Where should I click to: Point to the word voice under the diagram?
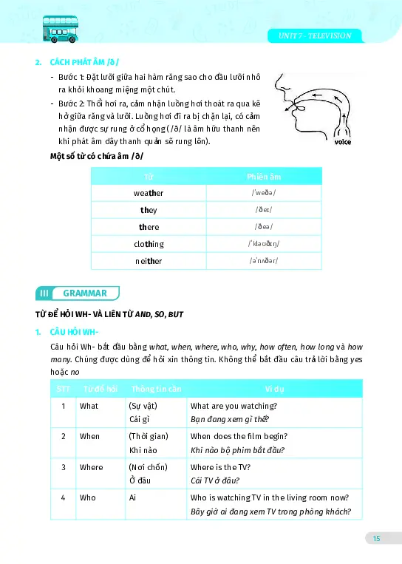(342, 142)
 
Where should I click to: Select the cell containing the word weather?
(149, 193)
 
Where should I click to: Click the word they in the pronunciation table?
(149, 210)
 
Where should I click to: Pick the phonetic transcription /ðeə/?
(263, 227)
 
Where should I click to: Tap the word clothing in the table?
(149, 244)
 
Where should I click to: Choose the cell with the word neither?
(149, 261)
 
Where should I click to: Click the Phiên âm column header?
(263, 177)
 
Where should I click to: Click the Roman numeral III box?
(44, 293)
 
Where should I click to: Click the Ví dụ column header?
(274, 389)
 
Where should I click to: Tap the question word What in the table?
(89, 406)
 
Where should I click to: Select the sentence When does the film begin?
(239, 436)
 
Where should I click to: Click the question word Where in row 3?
(92, 467)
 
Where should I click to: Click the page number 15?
(376, 538)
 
